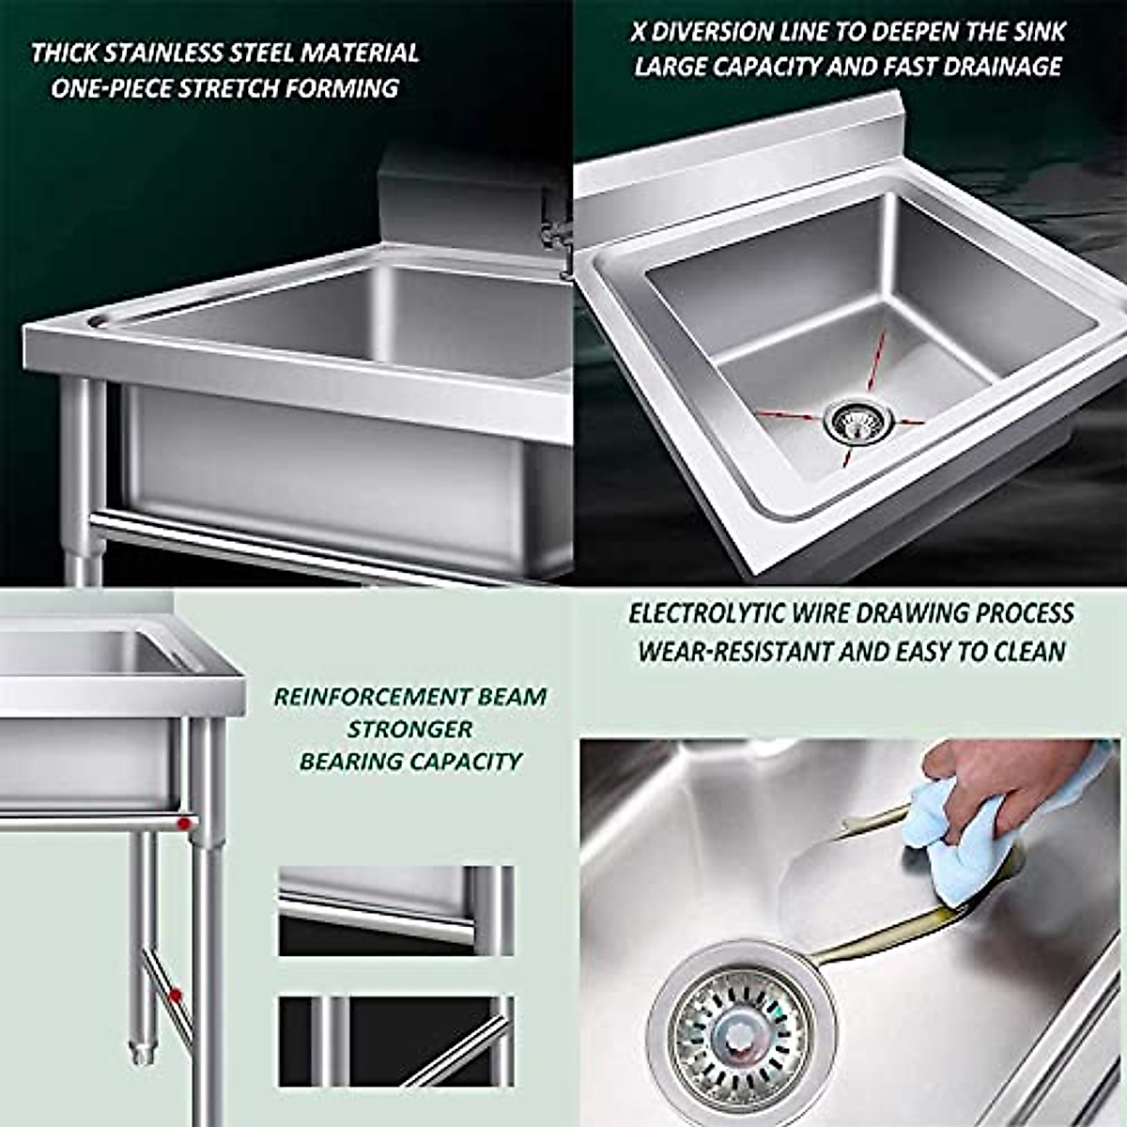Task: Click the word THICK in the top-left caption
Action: click(64, 53)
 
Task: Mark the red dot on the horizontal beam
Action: click(184, 824)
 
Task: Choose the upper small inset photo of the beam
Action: click(395, 911)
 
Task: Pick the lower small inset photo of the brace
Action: click(395, 1042)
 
